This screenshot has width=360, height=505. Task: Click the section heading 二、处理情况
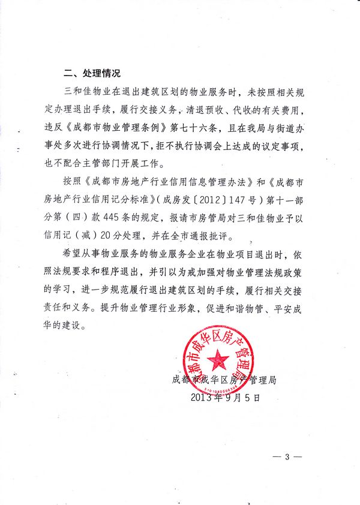(x=92, y=74)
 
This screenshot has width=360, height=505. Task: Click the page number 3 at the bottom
(x=287, y=458)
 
